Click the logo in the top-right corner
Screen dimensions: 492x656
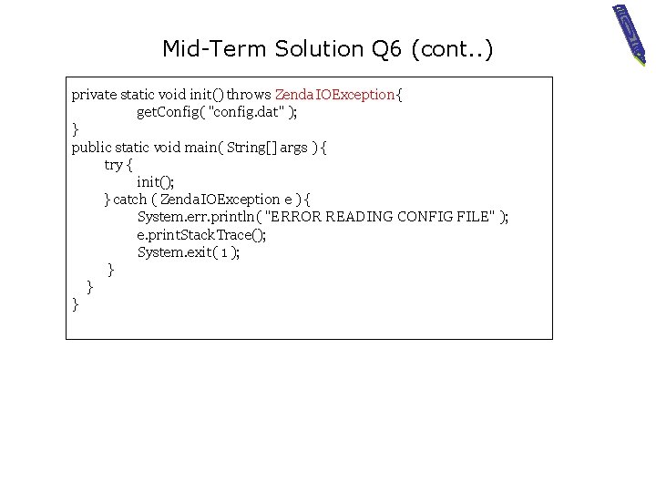(629, 34)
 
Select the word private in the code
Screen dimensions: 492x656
(94, 95)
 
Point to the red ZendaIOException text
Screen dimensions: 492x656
(335, 95)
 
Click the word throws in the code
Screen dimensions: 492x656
(249, 95)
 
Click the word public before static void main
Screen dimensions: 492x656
(92, 147)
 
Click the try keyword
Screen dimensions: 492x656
(114, 164)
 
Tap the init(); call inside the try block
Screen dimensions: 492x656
(155, 181)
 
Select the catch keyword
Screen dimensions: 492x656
(129, 199)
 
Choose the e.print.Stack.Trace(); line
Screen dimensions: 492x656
(201, 234)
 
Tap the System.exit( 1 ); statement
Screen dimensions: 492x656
(189, 251)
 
